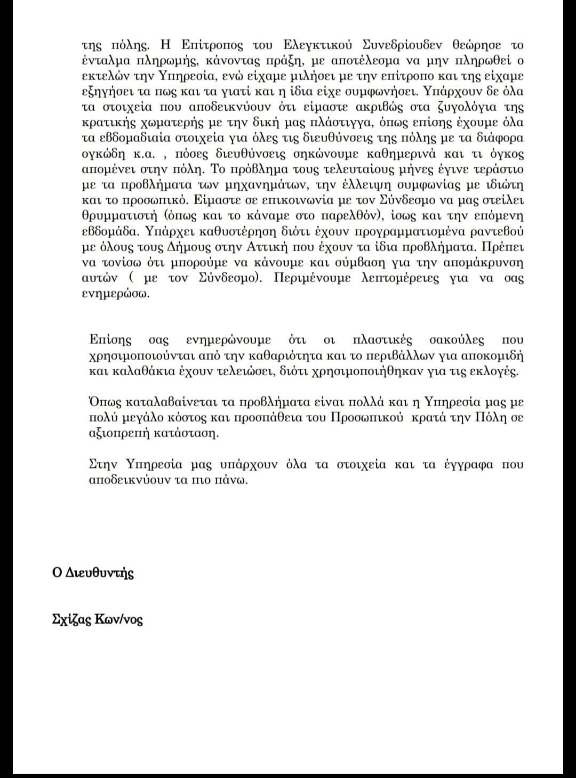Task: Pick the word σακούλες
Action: tap(457, 340)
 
